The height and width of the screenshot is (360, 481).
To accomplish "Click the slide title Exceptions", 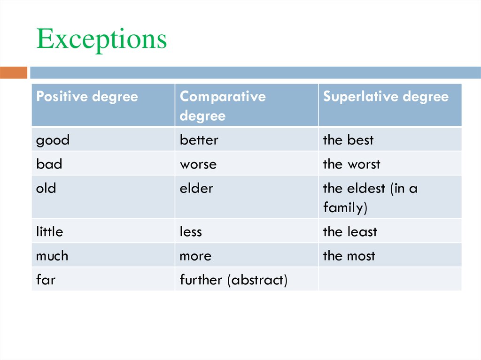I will click(101, 39).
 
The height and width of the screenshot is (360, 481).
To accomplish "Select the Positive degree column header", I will click(87, 97).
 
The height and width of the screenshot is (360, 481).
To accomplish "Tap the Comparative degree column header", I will click(223, 106).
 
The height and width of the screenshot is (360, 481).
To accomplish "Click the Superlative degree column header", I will click(386, 97).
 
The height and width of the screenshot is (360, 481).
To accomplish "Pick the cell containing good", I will click(53, 140).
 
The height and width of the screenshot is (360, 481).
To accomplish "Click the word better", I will click(199, 140).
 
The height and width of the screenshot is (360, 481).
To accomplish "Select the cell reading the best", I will click(348, 140).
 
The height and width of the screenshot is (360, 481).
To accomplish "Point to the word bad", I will click(49, 164).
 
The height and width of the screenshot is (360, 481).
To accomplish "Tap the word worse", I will click(198, 164).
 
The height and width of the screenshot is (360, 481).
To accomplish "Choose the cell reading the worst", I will click(351, 164).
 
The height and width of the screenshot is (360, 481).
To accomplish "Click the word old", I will click(46, 189).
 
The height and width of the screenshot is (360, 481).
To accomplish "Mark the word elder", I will click(196, 189).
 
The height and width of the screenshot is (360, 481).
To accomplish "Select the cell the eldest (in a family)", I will click(370, 198).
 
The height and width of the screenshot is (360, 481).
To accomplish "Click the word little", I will click(49, 232).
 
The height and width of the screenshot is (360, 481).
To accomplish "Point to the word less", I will click(190, 232).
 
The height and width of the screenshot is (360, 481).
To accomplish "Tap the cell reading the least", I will click(350, 232).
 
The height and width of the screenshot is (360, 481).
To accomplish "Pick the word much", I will click(52, 256).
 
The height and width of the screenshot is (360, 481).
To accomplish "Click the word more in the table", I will click(195, 256).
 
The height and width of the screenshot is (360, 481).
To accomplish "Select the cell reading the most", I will click(349, 256).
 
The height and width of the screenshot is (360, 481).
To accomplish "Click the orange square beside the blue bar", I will click(14, 73).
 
